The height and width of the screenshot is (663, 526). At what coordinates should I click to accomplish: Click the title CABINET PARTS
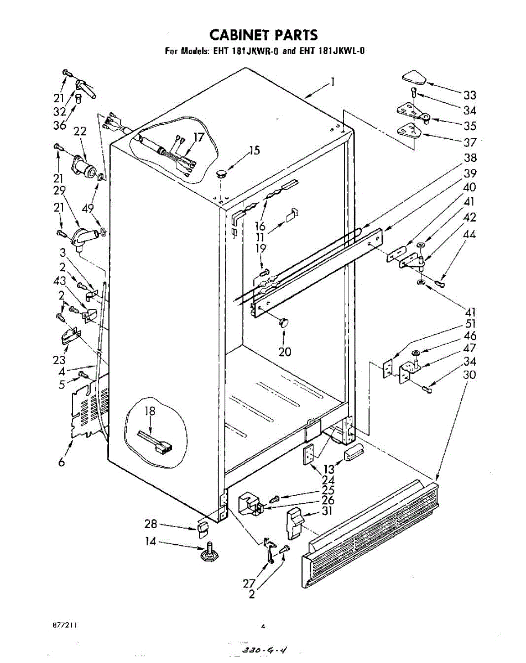(x=264, y=35)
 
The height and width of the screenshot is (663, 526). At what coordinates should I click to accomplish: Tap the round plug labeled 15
(x=222, y=173)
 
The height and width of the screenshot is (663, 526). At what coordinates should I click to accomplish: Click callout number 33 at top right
(x=470, y=95)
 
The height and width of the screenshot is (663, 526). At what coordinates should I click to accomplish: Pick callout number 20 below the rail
(x=285, y=351)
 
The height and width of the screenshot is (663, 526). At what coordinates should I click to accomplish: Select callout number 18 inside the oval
(x=150, y=411)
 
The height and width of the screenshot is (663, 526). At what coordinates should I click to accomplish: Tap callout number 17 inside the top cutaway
(x=199, y=138)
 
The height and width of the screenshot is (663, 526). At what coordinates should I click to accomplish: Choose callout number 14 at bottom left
(x=150, y=542)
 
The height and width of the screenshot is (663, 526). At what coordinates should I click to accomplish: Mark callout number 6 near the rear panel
(x=62, y=462)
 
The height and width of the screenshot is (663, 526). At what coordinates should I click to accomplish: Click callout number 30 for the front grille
(x=470, y=375)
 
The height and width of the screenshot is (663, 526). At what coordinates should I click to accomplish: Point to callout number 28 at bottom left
(x=151, y=524)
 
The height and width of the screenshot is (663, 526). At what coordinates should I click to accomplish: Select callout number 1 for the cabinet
(x=334, y=83)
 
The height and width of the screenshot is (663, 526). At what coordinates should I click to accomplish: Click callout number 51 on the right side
(x=471, y=324)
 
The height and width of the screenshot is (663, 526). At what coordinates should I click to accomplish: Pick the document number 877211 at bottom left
(x=65, y=625)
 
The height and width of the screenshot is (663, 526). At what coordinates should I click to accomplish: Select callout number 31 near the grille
(x=327, y=511)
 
